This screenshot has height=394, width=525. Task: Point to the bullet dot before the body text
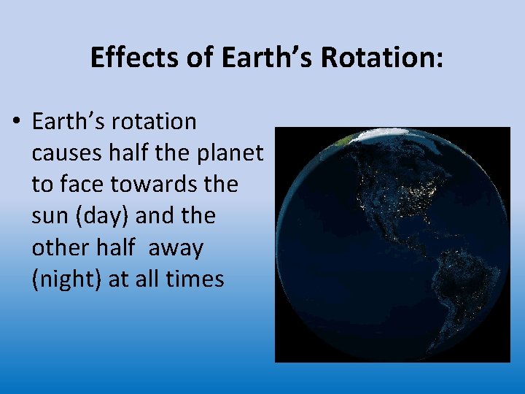[x=17, y=122]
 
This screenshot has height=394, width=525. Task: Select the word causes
[x=68, y=153]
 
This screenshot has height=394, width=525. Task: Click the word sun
[x=49, y=217]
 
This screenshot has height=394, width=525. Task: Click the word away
[x=176, y=248]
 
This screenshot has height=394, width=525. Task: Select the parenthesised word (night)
[x=67, y=279]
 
